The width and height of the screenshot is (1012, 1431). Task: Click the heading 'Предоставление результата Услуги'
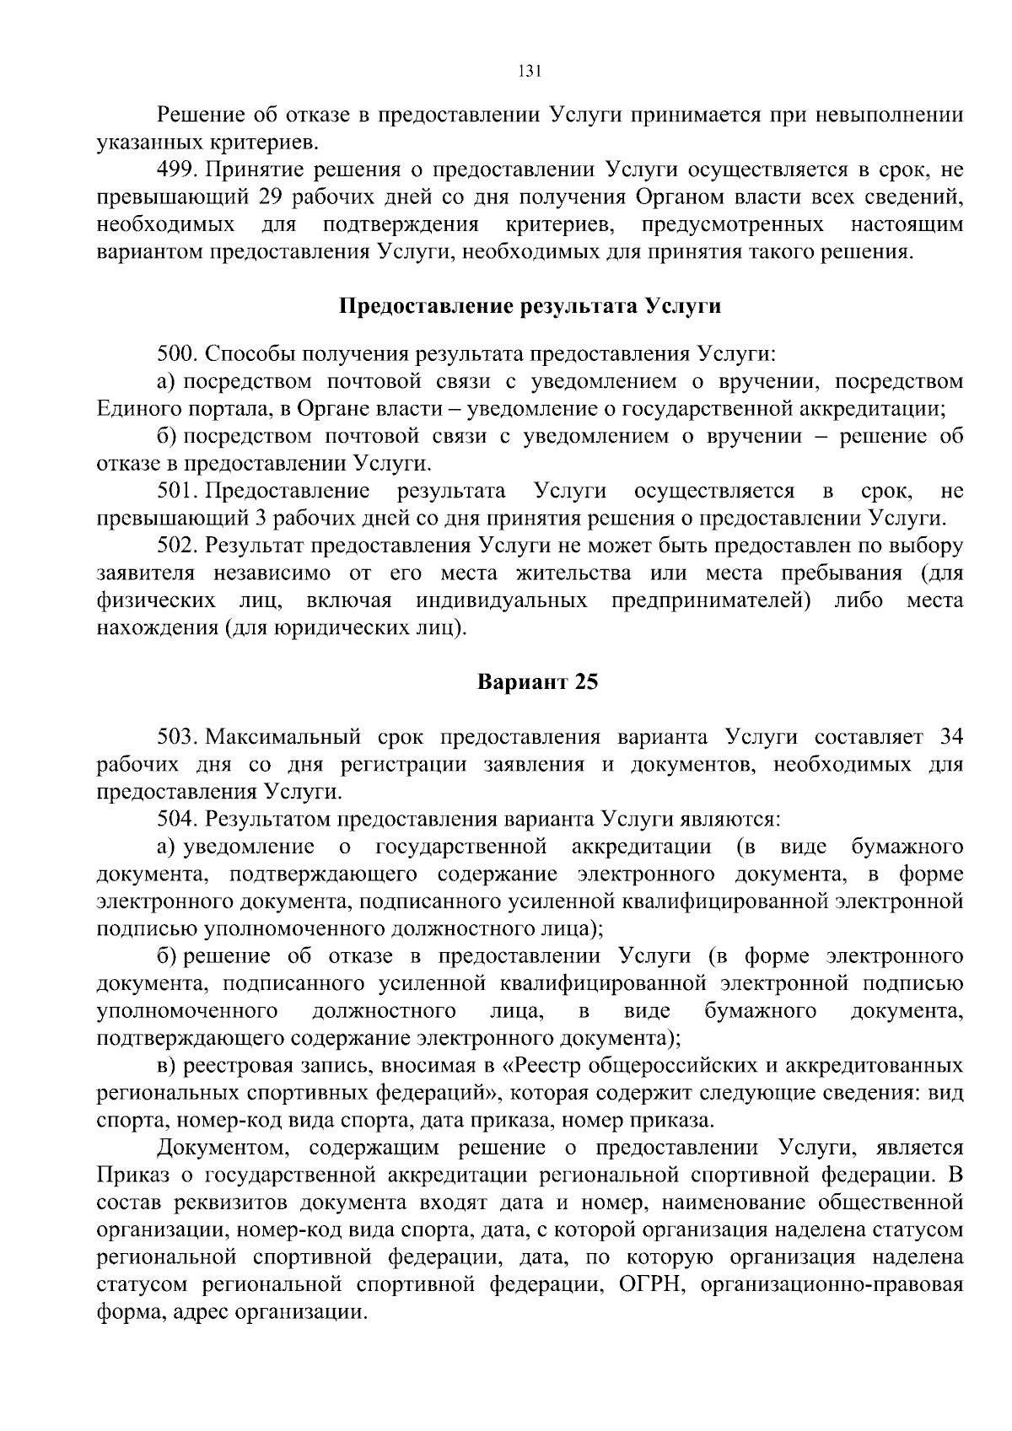[530, 306]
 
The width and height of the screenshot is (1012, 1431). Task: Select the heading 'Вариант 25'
[537, 681]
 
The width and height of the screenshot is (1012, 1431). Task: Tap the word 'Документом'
[223, 1148]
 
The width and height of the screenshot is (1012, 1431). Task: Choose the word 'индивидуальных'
[501, 600]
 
